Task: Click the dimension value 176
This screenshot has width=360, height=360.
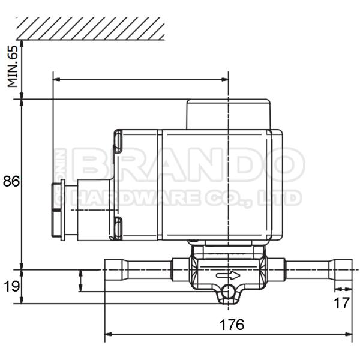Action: (x=231, y=325)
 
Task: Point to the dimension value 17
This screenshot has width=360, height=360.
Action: (x=341, y=303)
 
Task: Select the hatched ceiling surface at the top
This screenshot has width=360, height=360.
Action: (x=90, y=28)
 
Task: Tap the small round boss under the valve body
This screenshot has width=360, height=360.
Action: (x=228, y=292)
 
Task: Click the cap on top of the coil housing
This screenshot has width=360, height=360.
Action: (x=228, y=114)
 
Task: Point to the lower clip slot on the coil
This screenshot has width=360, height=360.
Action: (x=118, y=227)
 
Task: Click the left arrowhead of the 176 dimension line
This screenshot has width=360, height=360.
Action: (x=109, y=333)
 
